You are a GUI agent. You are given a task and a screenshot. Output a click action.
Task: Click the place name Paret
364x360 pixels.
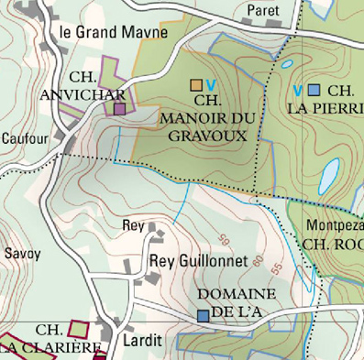pos(263,10)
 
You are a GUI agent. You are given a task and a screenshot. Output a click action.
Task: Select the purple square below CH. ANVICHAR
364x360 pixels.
pos(119,109)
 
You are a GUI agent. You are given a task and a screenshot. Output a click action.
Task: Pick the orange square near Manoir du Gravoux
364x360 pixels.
pos(196,85)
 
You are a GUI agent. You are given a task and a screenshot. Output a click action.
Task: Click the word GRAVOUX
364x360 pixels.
pos(208,134)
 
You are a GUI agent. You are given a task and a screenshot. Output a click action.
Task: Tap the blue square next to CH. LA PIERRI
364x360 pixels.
pos(314,90)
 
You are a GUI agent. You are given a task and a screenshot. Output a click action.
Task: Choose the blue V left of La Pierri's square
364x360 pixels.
pos(298,90)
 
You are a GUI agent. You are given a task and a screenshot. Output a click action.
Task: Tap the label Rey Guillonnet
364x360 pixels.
pos(198,261)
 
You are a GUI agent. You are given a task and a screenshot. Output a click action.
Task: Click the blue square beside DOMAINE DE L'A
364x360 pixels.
pos(202,315)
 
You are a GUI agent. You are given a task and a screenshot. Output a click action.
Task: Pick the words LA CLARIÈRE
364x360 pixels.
pos(50,347)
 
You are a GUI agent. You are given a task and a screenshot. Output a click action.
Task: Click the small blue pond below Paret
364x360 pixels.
pos(286,65)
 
